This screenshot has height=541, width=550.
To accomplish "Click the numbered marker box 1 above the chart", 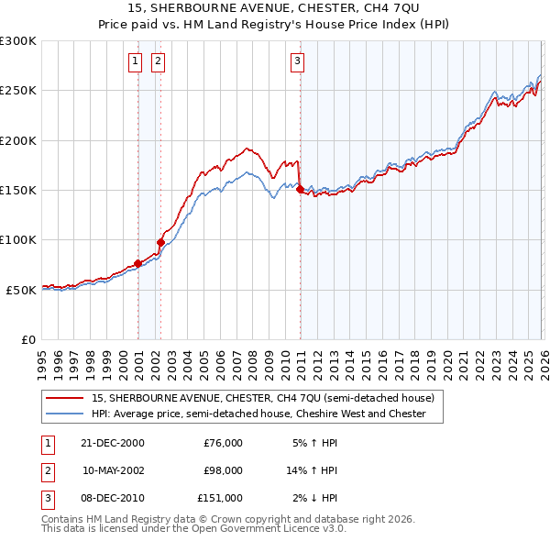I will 135,61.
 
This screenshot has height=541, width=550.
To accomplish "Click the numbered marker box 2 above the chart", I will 158,61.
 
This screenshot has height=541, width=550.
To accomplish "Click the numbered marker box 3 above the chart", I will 298,61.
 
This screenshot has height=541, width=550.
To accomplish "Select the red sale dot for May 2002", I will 160,242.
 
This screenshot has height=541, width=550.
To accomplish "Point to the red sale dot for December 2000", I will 138,263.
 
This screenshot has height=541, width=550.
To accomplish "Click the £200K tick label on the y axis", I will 18,140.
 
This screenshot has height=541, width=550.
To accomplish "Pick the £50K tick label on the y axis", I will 21,290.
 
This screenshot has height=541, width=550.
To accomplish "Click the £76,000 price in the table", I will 222,443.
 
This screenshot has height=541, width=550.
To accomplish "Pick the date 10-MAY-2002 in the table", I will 114,470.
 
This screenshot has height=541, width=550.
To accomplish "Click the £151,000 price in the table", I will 219,498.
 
